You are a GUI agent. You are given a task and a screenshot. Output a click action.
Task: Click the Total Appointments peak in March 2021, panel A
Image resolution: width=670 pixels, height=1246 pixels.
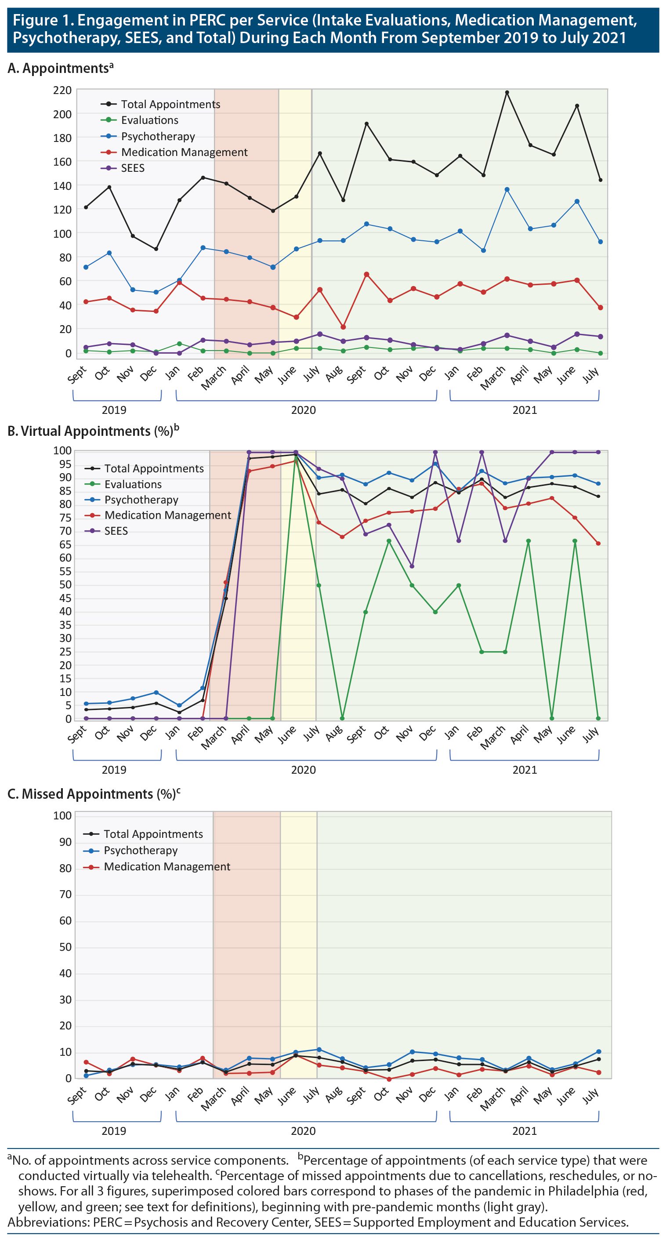(x=507, y=92)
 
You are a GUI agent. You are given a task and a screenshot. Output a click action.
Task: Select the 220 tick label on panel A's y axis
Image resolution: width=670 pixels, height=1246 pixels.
(x=62, y=91)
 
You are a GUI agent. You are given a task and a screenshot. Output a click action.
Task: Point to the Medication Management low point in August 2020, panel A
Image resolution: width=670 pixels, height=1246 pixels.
(x=343, y=327)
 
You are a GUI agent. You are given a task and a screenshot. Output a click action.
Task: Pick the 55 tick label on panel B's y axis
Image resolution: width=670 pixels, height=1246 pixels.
(x=65, y=571)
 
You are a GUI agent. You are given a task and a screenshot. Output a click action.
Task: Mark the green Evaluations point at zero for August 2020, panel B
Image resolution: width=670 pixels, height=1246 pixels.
(x=342, y=718)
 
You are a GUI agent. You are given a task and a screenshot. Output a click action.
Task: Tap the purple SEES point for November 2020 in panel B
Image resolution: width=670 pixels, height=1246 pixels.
(x=412, y=566)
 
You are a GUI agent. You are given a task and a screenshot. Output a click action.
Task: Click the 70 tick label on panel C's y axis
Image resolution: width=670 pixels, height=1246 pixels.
(x=65, y=895)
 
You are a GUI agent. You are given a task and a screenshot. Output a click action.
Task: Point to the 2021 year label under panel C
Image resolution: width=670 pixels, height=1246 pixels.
(x=525, y=1131)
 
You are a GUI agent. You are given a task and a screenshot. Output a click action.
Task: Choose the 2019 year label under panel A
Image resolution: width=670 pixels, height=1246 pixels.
(x=114, y=410)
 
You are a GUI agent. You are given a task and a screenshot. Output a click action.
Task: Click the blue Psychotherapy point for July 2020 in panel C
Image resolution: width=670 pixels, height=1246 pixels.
(x=319, y=1049)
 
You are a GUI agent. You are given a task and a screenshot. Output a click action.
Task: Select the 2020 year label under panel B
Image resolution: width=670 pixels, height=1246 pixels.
(x=303, y=770)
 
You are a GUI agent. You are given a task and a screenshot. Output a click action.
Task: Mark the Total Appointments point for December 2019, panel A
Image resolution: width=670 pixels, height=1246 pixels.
(x=156, y=249)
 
